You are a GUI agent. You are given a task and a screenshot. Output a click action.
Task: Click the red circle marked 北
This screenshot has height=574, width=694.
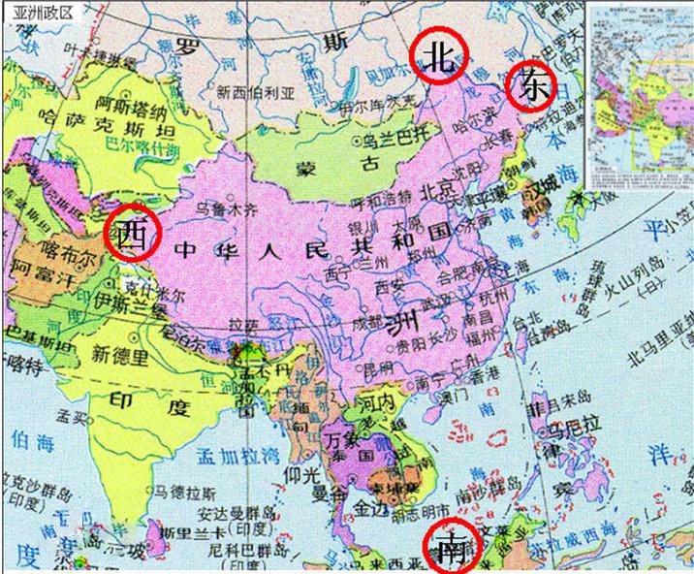click(x=437, y=57)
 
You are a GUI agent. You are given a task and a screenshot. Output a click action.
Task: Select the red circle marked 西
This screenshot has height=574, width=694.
click(x=132, y=234)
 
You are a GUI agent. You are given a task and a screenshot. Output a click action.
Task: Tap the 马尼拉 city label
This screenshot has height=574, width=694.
click(x=571, y=427)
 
